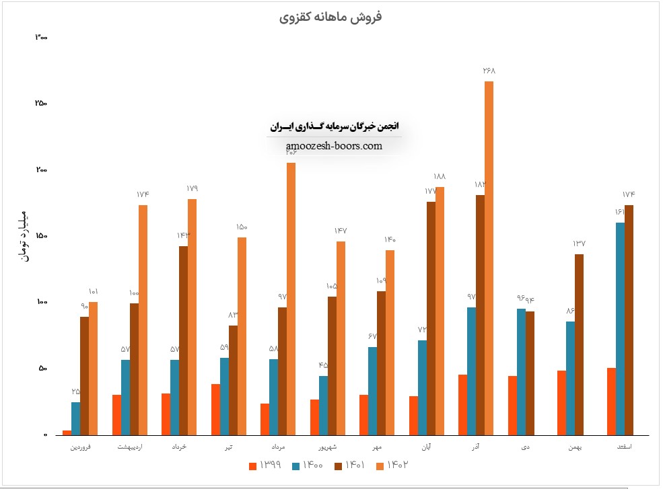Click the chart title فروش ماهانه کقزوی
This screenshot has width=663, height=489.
(330, 17)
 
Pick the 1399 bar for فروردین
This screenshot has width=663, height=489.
(67, 432)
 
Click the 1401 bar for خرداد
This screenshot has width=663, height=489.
(183, 340)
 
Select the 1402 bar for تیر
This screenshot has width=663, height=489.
(242, 336)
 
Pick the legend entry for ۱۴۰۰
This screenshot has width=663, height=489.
(306, 465)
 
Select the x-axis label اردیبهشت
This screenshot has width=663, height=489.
(130, 447)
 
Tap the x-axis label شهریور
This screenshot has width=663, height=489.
(327, 447)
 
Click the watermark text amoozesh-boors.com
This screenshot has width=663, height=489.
(334, 146)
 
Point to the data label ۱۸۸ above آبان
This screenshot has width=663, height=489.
(440, 177)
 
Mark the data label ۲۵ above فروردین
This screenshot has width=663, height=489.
(76, 391)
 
